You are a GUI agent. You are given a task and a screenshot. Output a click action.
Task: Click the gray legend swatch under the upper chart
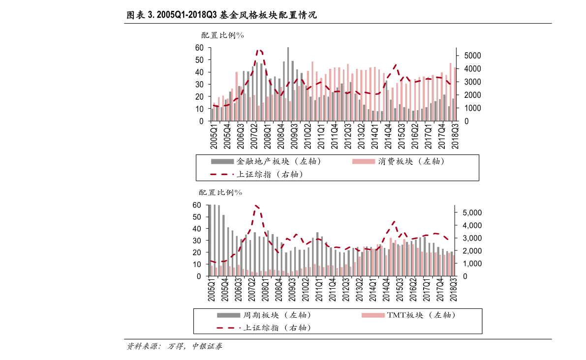pyautogui.click(x=222, y=161)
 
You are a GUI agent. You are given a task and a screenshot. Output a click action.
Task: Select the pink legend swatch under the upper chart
pyautogui.click(x=364, y=161)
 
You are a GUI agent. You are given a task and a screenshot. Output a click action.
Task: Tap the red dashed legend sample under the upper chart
pyautogui.click(x=222, y=174)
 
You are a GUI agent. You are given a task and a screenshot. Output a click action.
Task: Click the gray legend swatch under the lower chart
pyautogui.click(x=229, y=315)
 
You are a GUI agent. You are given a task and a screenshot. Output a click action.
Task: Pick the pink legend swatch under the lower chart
pyautogui.click(x=373, y=315)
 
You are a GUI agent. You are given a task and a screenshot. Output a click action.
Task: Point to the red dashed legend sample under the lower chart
pyautogui.click(x=228, y=328)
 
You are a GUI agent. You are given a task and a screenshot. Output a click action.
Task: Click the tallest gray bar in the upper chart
pyautogui.click(x=288, y=84)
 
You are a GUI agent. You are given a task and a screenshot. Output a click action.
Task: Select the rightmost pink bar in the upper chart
pyautogui.click(x=455, y=93)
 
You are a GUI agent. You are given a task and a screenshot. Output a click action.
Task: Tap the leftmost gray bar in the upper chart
pyautogui.click(x=213, y=114)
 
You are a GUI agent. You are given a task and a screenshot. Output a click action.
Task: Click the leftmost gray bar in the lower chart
pyautogui.click(x=210, y=240)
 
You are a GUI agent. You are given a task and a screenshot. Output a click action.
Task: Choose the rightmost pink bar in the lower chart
pyautogui.click(x=453, y=265)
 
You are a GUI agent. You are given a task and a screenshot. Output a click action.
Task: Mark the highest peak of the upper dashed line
pyautogui.click(x=260, y=50)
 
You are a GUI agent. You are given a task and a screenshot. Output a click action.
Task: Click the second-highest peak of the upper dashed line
pyautogui.click(x=395, y=65)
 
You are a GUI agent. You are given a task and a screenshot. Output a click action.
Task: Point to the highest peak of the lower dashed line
pyautogui.click(x=256, y=206)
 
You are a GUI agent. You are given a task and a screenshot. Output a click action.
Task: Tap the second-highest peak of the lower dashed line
pyautogui.click(x=394, y=222)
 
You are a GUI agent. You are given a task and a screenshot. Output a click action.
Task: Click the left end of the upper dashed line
pyautogui.click(x=214, y=105)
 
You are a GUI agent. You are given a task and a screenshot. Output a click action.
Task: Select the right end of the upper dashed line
pyautogui.click(x=450, y=83)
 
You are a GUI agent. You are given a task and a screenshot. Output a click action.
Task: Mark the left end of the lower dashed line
pyautogui.click(x=211, y=261)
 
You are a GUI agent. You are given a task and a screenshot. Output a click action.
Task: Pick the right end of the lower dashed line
pyautogui.click(x=448, y=239)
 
